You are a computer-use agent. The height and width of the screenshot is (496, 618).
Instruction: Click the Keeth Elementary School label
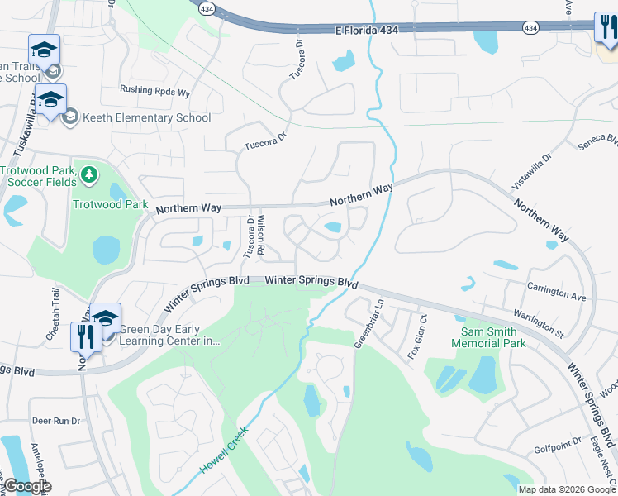pos(146,117)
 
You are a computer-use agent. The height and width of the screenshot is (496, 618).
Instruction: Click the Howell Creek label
pos(225,453)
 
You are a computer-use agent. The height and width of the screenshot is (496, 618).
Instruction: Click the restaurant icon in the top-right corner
pos(607,30)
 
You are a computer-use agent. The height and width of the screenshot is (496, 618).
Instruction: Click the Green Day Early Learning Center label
pos(170,335)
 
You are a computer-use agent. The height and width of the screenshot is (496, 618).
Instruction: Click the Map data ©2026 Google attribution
pos(567,489)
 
